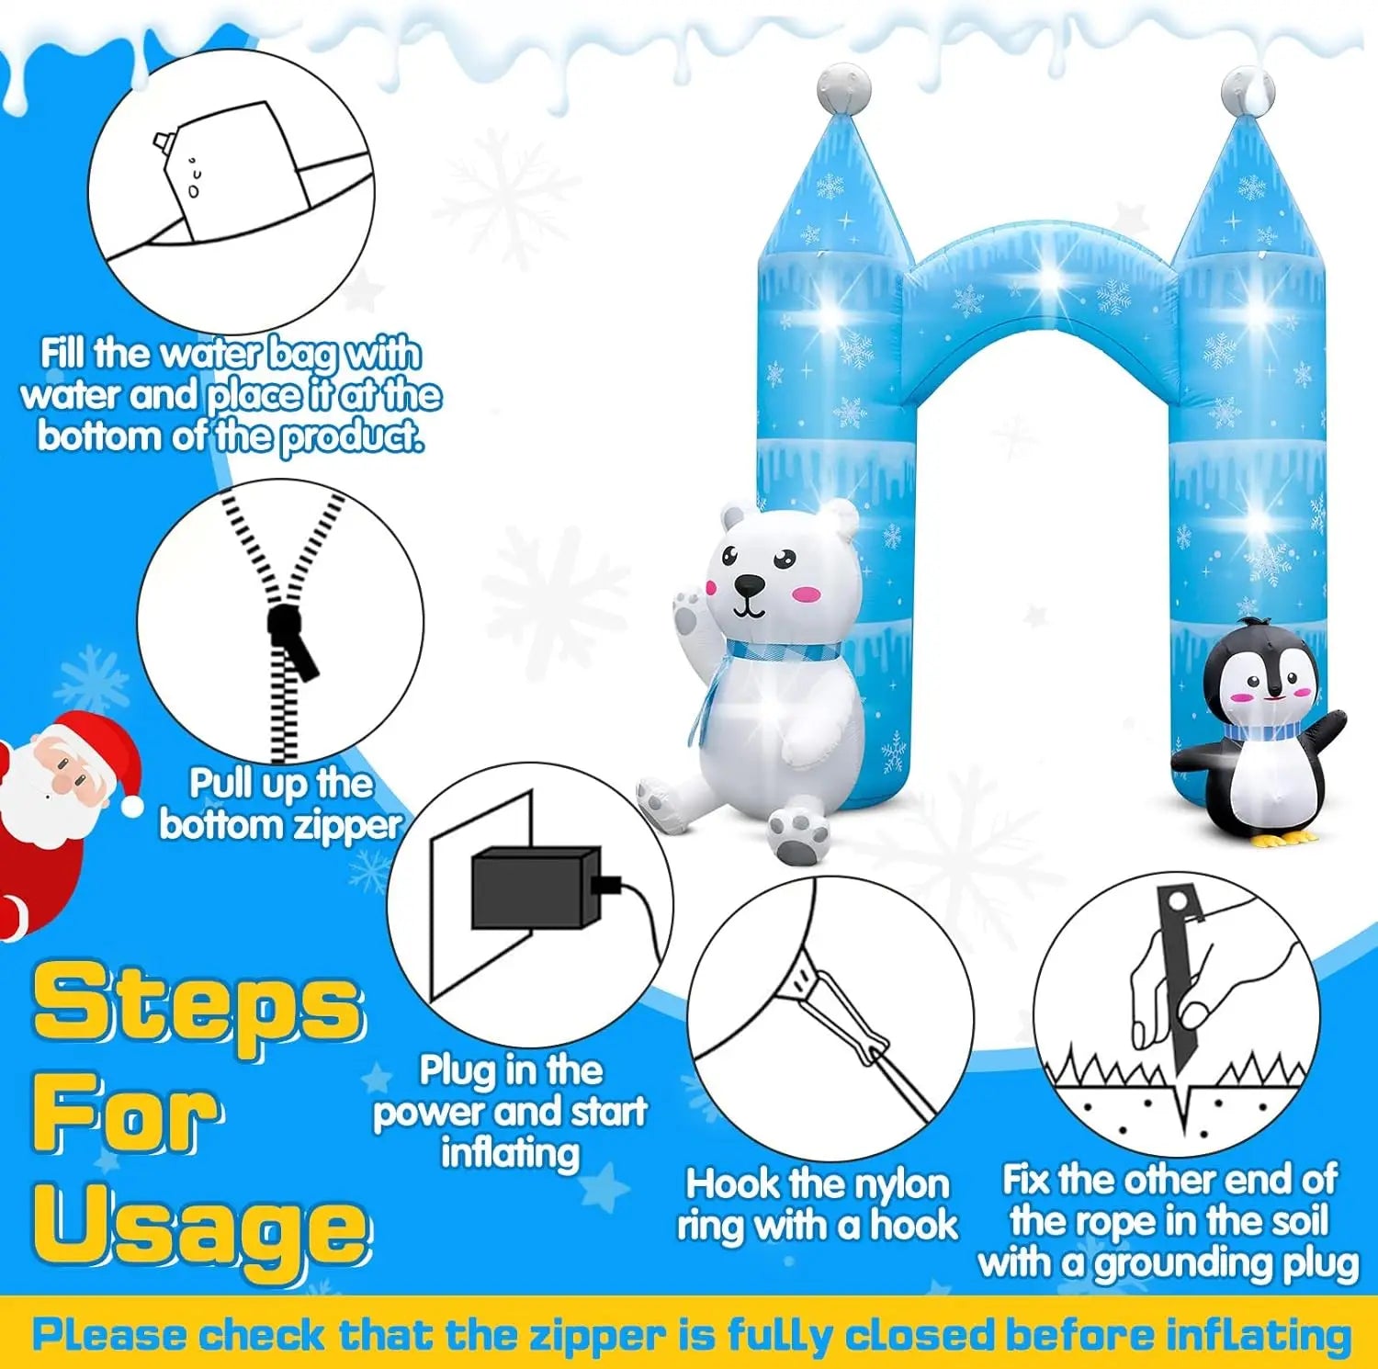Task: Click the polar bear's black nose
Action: pos(750,585)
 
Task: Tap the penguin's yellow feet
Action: pos(1286,838)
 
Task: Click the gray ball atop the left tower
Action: pos(844,88)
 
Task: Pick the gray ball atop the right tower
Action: pos(1248,90)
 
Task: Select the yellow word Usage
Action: pos(201,1228)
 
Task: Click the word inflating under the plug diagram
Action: pos(511,1154)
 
